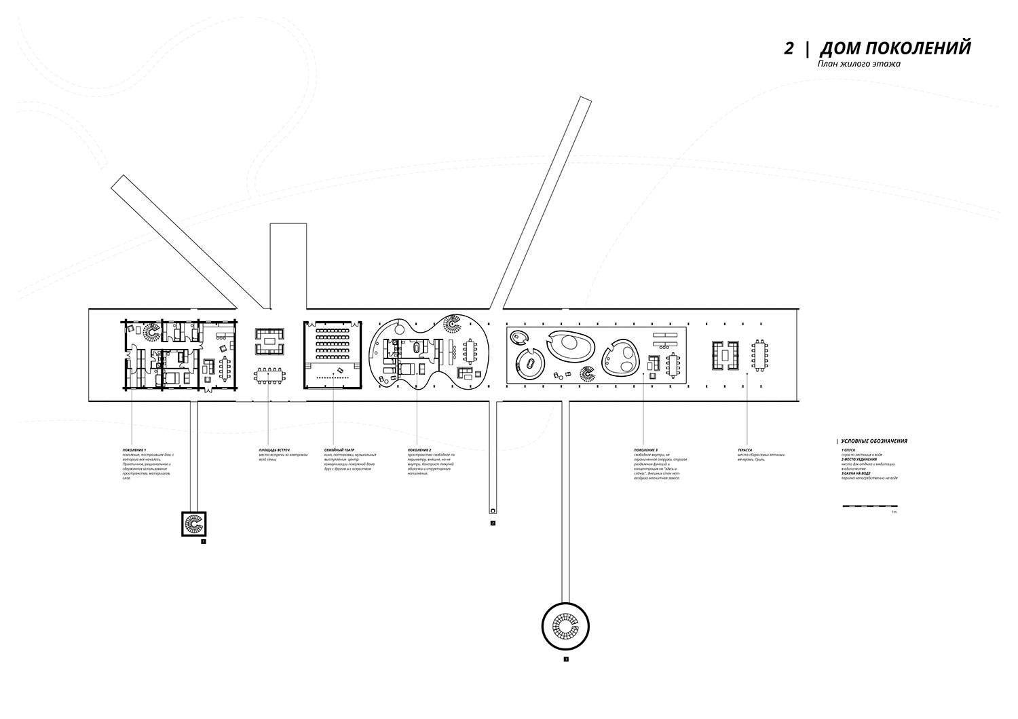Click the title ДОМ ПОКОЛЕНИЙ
point(895,49)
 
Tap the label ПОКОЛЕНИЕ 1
point(134,449)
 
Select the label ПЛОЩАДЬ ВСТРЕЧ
point(274,449)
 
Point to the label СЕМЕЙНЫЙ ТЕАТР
point(339,449)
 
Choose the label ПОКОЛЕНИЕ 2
point(420,449)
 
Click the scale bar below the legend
point(869,506)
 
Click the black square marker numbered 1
point(203,542)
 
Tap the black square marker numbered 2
point(493,523)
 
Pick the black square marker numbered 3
point(565,659)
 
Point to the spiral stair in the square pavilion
point(193,524)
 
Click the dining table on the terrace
point(758,355)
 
